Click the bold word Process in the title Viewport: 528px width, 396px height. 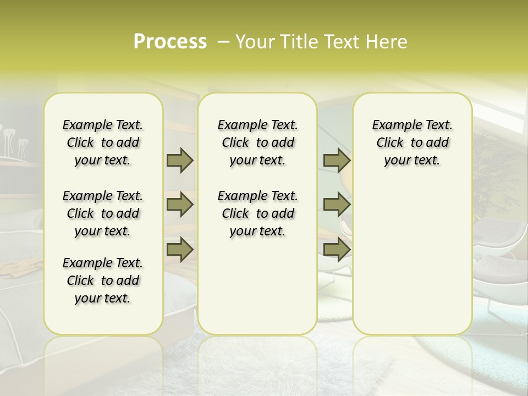click(x=170, y=42)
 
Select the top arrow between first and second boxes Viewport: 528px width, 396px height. click(x=180, y=160)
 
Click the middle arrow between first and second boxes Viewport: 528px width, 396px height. click(x=180, y=205)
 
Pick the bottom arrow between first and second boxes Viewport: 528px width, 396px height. click(x=180, y=249)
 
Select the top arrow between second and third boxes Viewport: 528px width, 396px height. click(x=337, y=160)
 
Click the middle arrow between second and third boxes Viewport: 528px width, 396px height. click(x=337, y=205)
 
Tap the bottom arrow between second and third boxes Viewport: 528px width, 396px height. click(x=337, y=249)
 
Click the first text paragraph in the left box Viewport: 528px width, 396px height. click(x=103, y=142)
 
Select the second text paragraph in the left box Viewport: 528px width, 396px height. click(x=103, y=213)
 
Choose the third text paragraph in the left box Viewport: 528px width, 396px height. click(x=103, y=280)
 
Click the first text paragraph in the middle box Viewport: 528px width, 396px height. click(x=257, y=142)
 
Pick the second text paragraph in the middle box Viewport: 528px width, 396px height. click(x=257, y=213)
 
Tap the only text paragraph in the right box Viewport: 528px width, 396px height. click(x=412, y=142)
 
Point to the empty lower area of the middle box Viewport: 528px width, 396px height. click(x=257, y=286)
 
